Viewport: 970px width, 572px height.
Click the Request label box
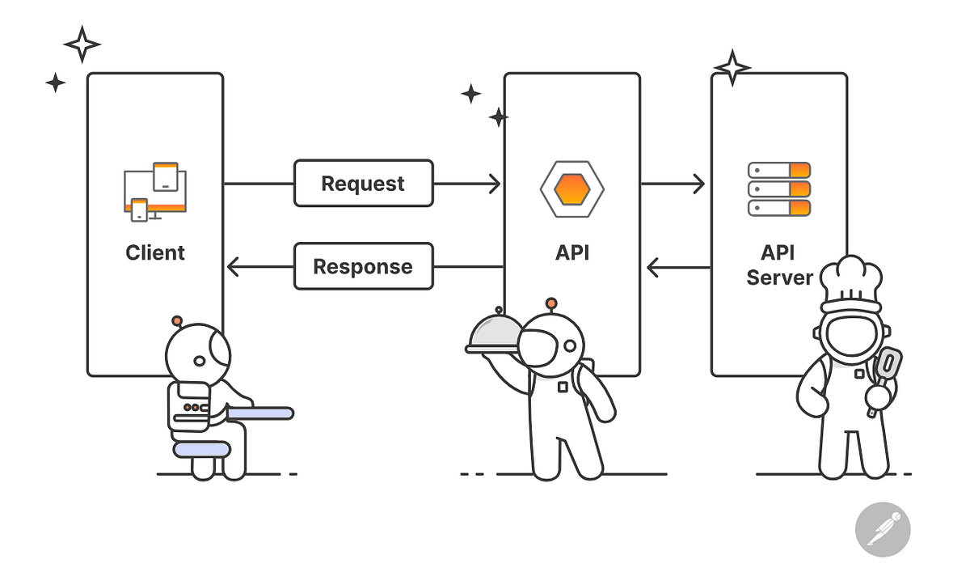[x=363, y=183]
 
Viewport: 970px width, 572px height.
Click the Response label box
[x=363, y=266]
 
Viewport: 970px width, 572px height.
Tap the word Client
[x=155, y=252]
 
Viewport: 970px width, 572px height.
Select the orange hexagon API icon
[x=572, y=189]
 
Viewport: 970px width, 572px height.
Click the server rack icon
[x=778, y=189]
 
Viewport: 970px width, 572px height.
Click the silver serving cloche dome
[x=495, y=333]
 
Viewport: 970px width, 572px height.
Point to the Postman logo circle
[x=883, y=532]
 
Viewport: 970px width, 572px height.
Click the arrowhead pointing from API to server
[x=698, y=184]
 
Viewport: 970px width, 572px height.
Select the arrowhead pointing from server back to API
[x=653, y=266]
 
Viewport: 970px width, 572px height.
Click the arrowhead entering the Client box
[x=233, y=266]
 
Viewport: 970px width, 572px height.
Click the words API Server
[x=778, y=265]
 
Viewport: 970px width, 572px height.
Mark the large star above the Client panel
[x=82, y=44]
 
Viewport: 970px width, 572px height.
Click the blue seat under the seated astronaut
[x=202, y=448]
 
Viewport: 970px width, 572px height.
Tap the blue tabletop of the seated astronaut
[x=260, y=413]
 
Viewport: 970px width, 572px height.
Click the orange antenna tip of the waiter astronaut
[x=552, y=303]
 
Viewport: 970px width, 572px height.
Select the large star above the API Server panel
[x=732, y=67]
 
